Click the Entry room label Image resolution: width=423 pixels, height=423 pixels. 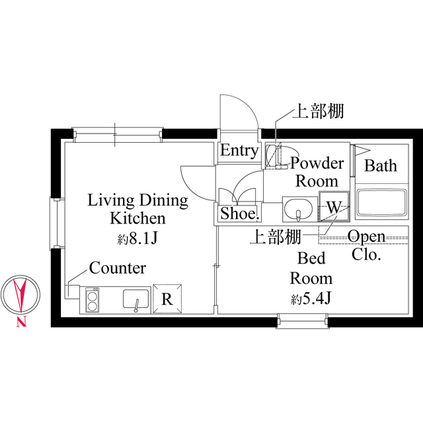click(239, 151)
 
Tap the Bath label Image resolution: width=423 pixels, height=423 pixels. click(381, 165)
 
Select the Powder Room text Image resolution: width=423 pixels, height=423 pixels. click(317, 172)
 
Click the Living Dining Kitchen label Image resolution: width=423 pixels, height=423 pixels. click(138, 209)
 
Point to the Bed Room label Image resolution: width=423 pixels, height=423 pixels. click(311, 268)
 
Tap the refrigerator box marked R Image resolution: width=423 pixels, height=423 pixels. click(167, 298)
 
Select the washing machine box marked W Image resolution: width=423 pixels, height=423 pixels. click(333, 207)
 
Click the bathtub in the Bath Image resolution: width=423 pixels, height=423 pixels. click(381, 203)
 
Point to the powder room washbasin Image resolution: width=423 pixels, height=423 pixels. click(300, 210)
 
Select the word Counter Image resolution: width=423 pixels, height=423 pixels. click(118, 268)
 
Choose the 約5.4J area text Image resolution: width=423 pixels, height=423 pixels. click(310, 298)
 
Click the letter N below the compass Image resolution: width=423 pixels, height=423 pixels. click(21, 323)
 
